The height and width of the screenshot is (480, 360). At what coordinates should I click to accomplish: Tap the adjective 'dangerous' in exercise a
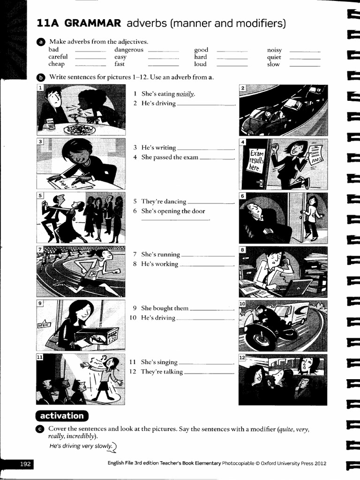[x=128, y=50]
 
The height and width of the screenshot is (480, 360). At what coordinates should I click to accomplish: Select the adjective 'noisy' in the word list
[x=274, y=50]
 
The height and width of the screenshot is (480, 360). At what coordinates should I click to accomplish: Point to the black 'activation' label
[x=62, y=416]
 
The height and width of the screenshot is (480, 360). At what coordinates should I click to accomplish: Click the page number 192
[x=25, y=464]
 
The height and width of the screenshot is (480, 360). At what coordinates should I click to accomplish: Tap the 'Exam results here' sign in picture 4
[x=256, y=161]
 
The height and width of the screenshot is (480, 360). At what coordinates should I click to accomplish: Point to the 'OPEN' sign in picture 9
[x=44, y=324]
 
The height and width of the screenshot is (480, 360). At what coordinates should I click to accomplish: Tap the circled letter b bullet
[x=40, y=77]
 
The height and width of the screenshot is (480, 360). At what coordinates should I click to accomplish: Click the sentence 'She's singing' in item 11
[x=159, y=362]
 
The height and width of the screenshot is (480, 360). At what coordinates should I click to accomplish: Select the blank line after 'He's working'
[x=206, y=265]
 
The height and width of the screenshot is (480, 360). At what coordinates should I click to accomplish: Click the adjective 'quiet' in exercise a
[x=274, y=57]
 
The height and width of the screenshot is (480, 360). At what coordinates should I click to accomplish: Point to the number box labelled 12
[x=242, y=358]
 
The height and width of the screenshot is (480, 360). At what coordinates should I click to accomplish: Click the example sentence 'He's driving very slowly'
[x=81, y=446]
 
